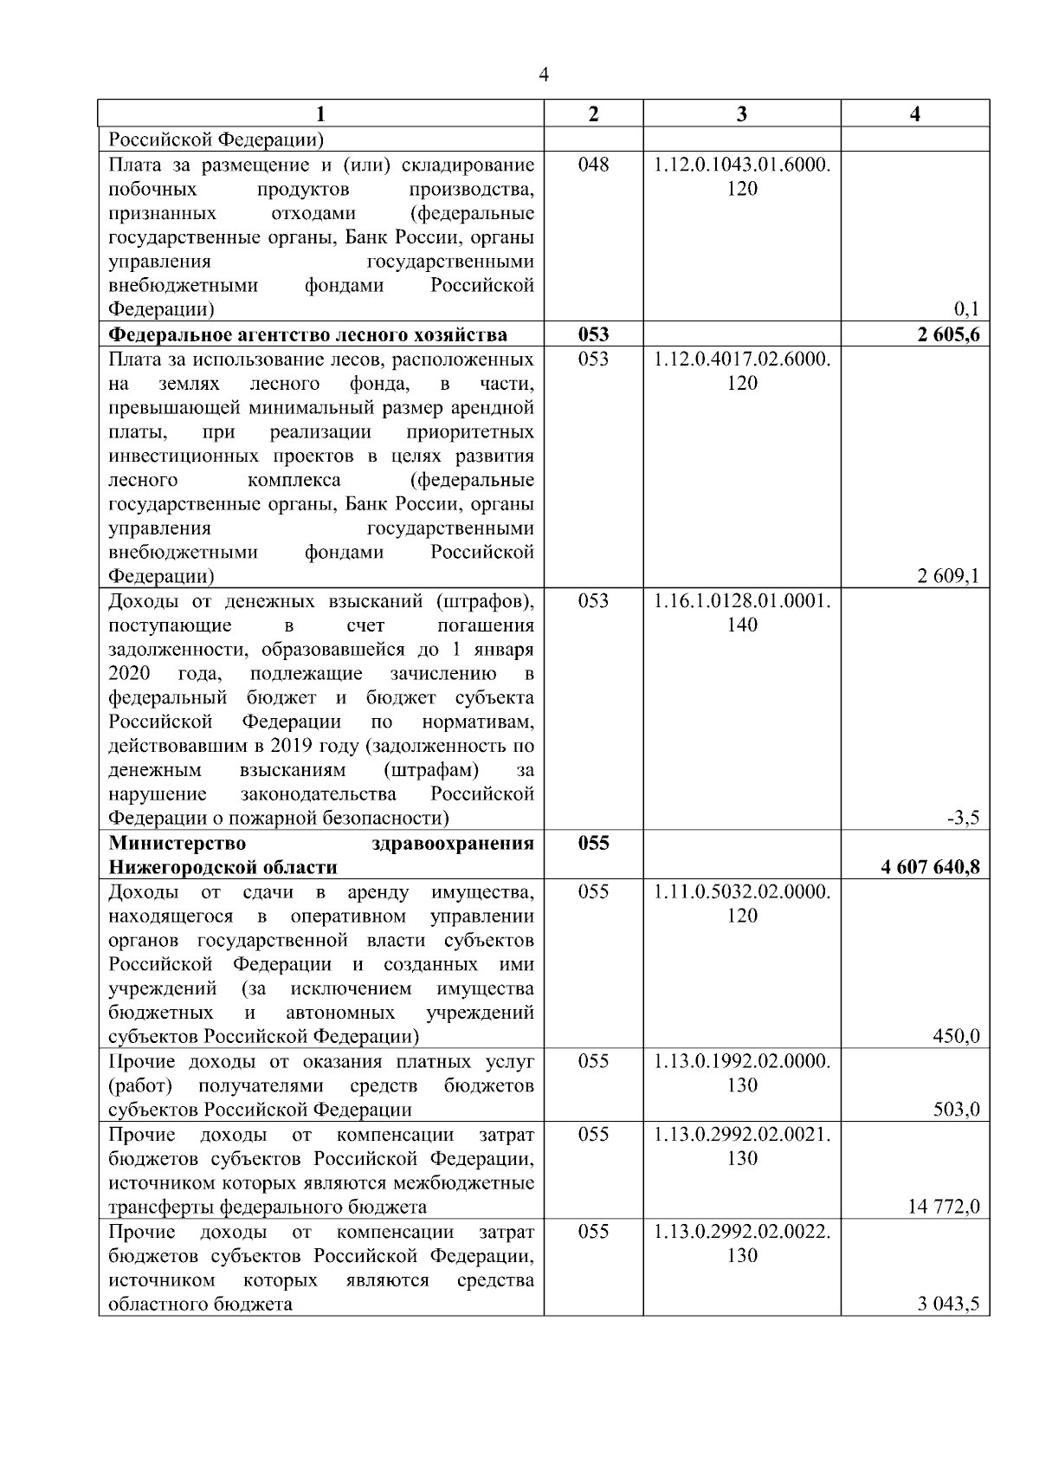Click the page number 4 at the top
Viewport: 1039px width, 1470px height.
coord(543,75)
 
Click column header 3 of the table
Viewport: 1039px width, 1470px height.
coord(741,114)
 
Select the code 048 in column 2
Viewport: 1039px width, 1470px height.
coord(593,165)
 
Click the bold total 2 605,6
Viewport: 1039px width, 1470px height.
coord(949,335)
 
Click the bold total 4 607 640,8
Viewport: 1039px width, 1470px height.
coord(931,867)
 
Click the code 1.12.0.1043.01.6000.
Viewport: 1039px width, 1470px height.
coord(742,165)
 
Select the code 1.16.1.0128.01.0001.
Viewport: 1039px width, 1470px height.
coord(742,601)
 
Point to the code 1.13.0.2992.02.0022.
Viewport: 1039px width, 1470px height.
coord(742,1232)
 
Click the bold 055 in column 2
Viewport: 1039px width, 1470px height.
coord(593,843)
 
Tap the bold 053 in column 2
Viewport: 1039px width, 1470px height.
coord(593,335)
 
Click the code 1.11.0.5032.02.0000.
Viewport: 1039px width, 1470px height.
coord(742,891)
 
